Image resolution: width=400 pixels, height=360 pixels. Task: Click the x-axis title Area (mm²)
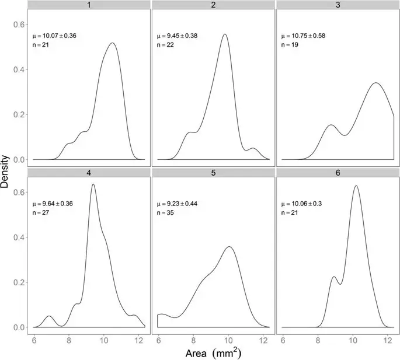click(x=213, y=353)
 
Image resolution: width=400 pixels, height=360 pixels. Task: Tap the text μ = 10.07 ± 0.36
click(x=54, y=36)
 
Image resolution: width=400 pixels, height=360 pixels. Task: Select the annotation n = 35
click(x=165, y=212)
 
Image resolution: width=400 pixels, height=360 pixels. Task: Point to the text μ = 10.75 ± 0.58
click(x=303, y=36)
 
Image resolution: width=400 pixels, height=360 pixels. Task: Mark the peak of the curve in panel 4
click(x=93, y=184)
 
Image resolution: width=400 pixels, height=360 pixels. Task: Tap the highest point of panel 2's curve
click(x=225, y=34)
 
